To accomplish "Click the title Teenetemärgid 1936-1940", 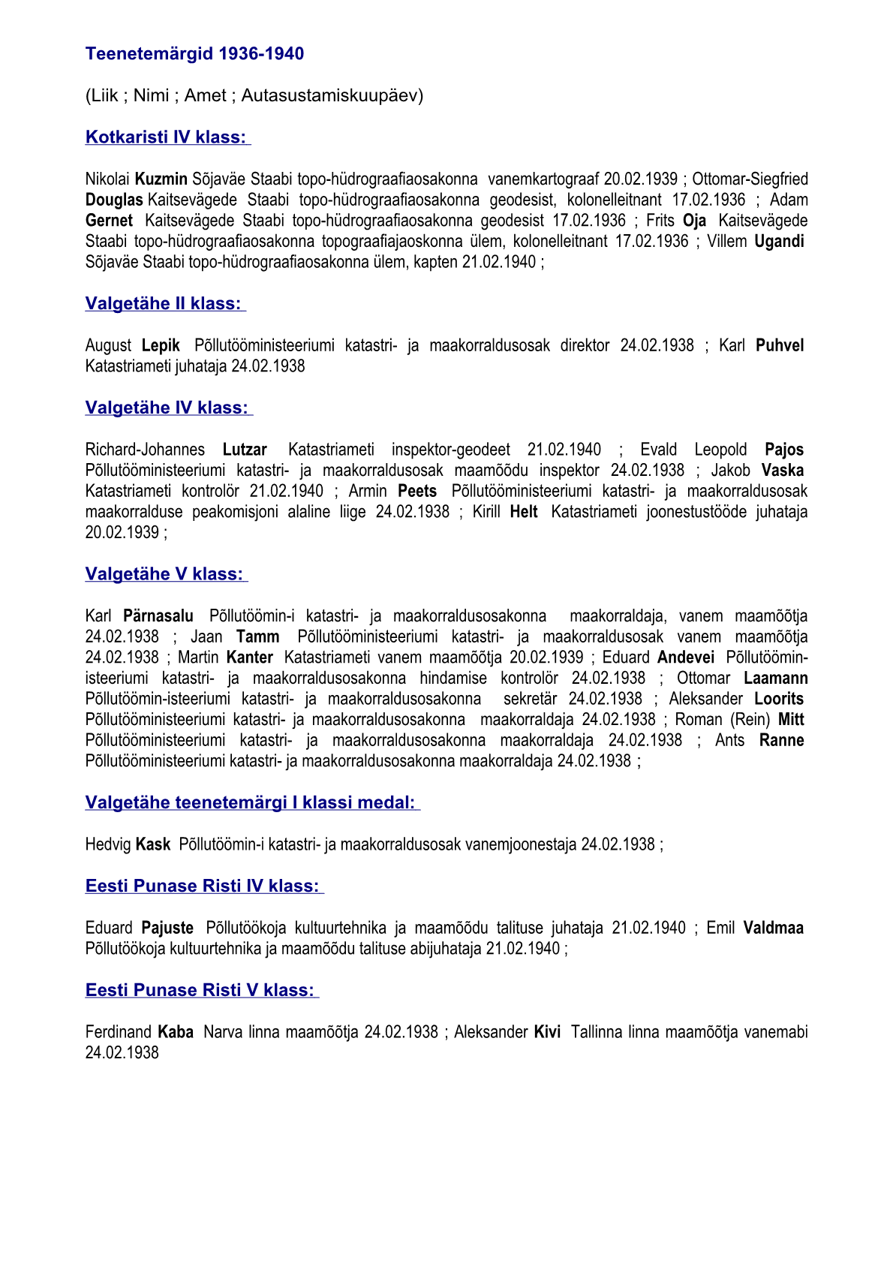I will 194,54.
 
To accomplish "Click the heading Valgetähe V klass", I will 164,574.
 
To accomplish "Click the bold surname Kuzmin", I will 161,179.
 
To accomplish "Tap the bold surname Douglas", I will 114,200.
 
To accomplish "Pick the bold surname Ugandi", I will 779,242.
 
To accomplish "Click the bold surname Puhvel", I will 780,346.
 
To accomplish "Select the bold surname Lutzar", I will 245,450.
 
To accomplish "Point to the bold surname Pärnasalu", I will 158,617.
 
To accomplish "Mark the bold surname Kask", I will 153,845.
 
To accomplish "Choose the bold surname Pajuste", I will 167,928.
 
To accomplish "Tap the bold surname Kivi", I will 547,1033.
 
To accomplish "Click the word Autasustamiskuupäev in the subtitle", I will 332,96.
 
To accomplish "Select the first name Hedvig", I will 108,845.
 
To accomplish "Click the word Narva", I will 224,1033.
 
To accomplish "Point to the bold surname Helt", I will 524,513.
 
